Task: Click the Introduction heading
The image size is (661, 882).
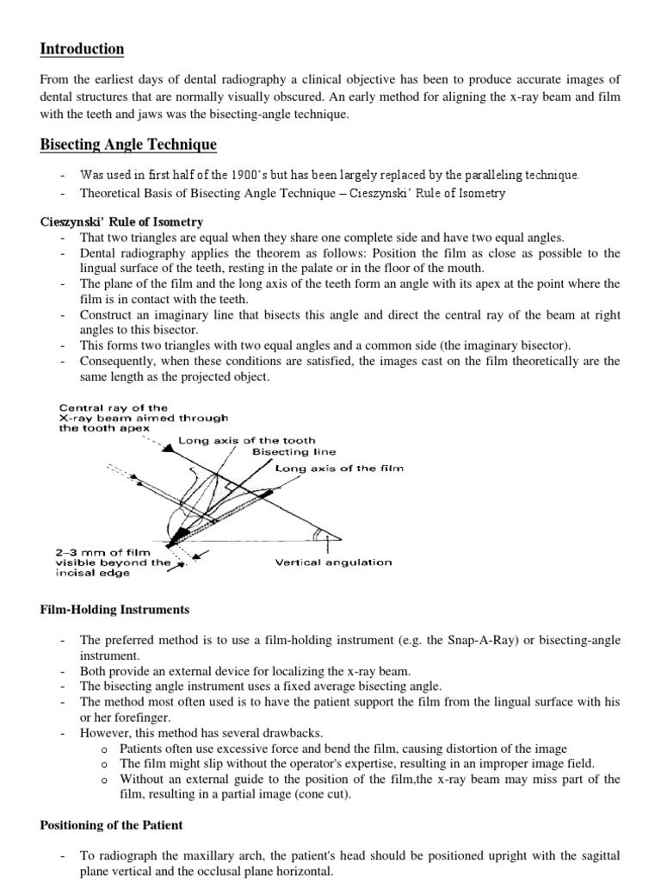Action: pos(83,49)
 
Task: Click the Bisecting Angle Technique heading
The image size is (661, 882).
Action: pos(128,144)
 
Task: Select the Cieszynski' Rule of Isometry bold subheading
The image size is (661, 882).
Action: pos(122,222)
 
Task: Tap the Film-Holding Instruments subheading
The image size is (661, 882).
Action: pos(115,610)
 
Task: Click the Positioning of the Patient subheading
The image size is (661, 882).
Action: pos(112,824)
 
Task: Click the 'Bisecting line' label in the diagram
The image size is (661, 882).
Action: pos(293,452)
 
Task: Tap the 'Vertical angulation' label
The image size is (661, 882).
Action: pos(333,562)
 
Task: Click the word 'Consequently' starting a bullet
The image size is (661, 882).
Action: pos(117,361)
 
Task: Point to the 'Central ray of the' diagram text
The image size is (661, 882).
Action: pos(114,407)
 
